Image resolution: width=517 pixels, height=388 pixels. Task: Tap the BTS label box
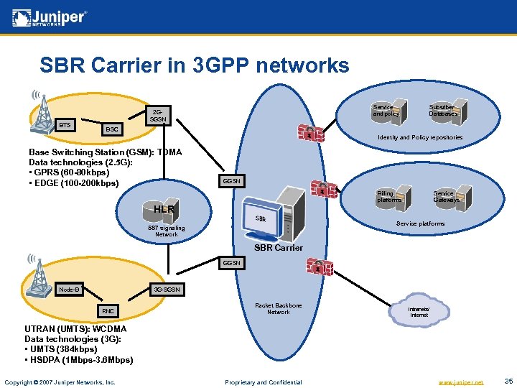coord(65,125)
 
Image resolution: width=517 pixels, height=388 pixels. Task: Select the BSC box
coord(111,130)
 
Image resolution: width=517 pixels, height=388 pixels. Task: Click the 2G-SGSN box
coord(159,116)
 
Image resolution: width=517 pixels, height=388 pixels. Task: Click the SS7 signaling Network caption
coord(166,231)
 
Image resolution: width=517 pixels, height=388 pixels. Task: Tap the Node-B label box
coord(70,290)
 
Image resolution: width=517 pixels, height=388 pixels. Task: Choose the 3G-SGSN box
coord(166,290)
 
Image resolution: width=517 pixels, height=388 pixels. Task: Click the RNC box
coord(108,311)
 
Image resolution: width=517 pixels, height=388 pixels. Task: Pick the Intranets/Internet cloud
coord(418,312)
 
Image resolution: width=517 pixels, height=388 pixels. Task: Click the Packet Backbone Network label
coord(279,308)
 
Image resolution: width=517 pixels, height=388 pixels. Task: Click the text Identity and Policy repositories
coord(420,137)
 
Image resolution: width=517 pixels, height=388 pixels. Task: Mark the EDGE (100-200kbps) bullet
coord(74,183)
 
